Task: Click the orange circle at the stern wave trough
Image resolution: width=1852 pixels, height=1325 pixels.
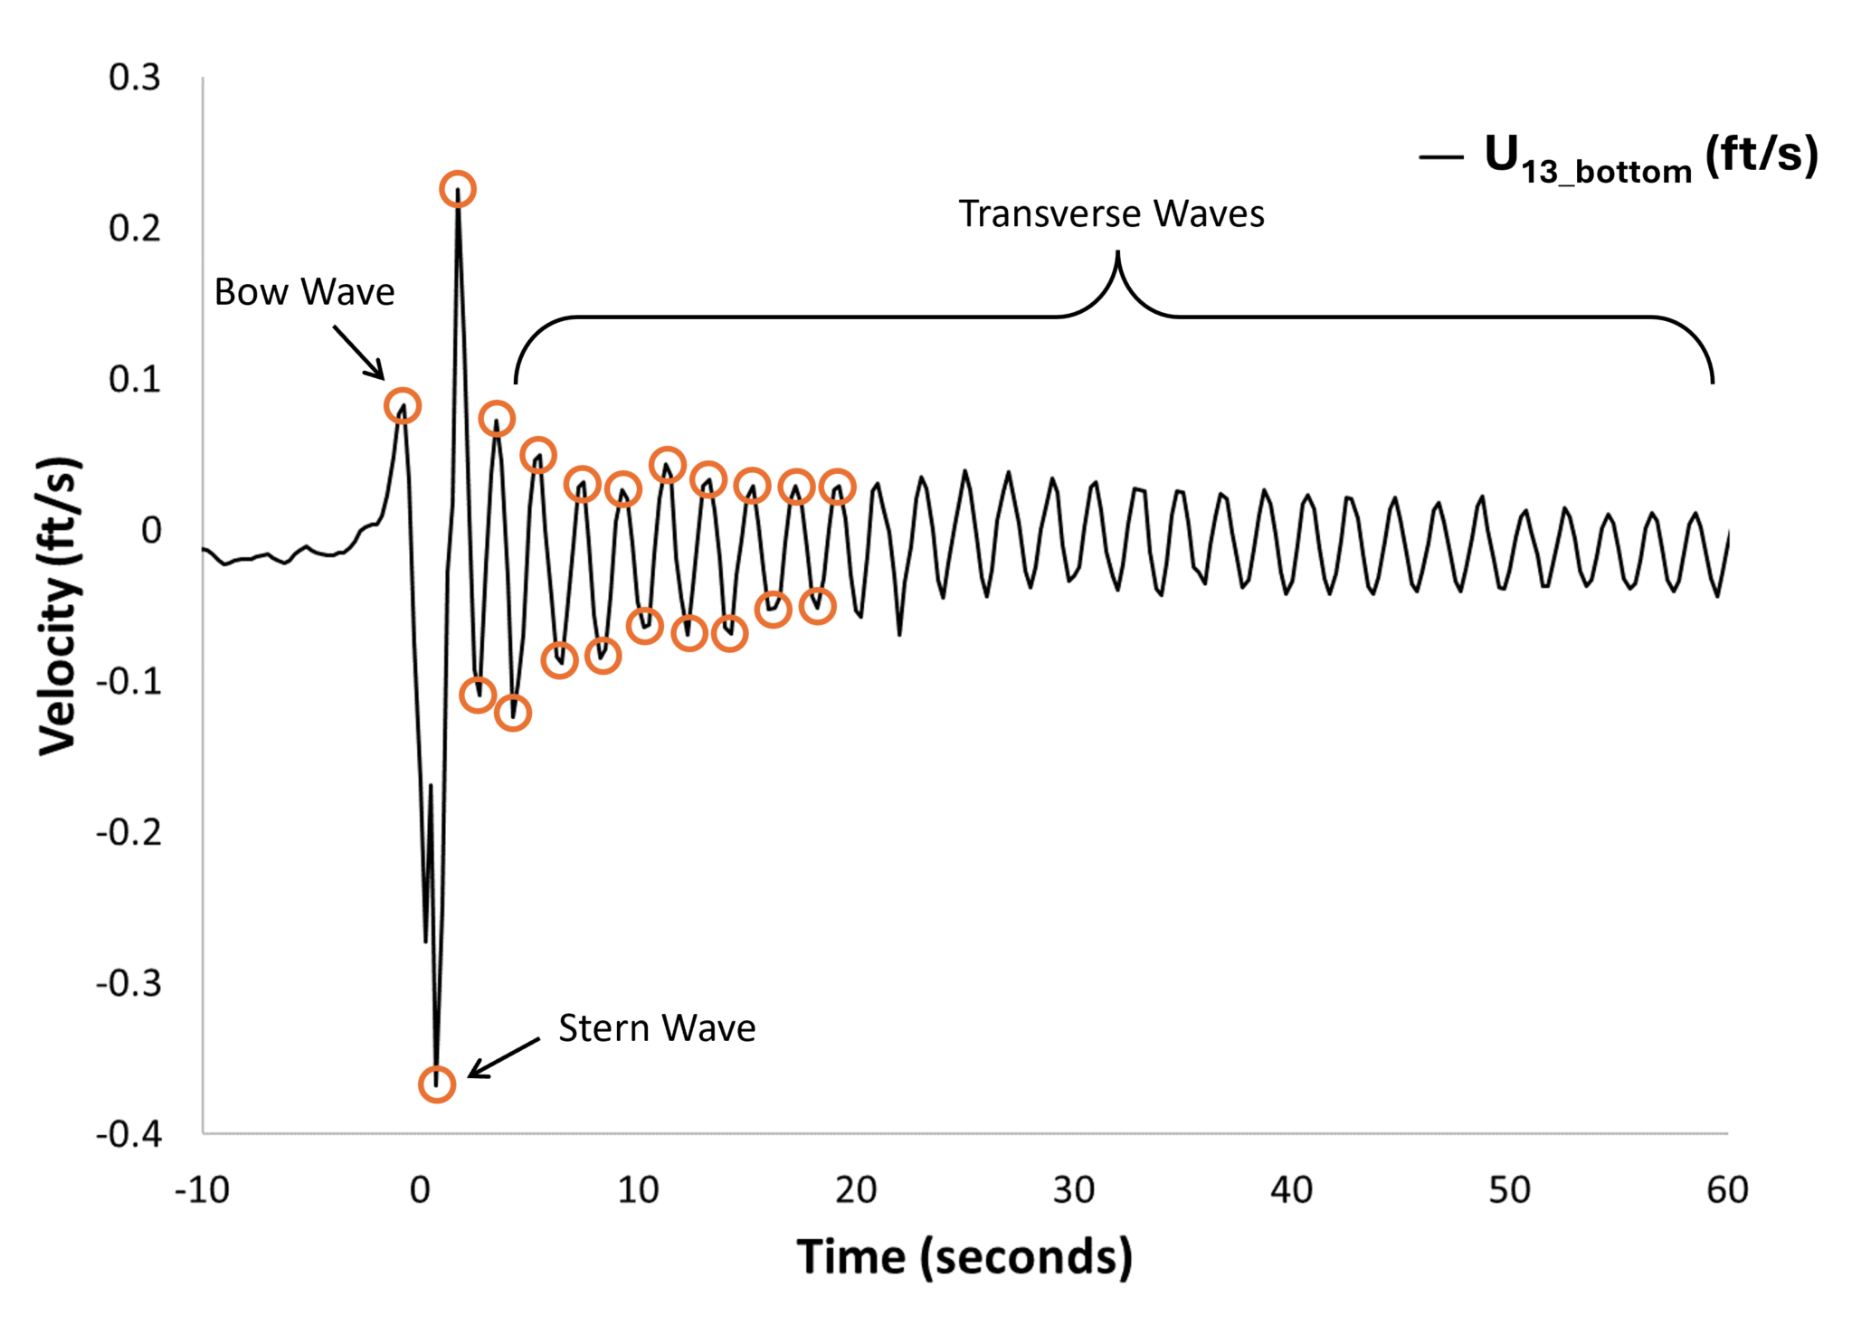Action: (x=437, y=1084)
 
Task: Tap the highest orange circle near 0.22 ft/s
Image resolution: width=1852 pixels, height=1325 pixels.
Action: (x=458, y=189)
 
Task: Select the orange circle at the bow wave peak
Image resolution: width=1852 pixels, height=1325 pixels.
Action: (x=402, y=406)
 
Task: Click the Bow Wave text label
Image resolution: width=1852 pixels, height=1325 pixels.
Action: (x=304, y=292)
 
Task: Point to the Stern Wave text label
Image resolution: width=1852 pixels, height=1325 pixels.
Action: (x=657, y=1028)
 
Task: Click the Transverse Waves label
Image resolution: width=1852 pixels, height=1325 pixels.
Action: (x=1111, y=214)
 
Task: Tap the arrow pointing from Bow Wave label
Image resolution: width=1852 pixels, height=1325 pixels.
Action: (x=358, y=353)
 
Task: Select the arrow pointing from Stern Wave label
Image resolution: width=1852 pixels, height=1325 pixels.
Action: (x=503, y=1058)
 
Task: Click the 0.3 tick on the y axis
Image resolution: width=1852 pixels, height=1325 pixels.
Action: (x=135, y=78)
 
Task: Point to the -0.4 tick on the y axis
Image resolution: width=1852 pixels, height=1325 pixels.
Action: (x=128, y=1134)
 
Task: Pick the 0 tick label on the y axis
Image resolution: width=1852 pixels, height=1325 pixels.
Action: (x=151, y=530)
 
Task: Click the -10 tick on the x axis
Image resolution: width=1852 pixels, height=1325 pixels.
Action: (x=202, y=1190)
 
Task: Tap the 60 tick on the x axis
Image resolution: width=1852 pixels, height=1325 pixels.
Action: (x=1727, y=1190)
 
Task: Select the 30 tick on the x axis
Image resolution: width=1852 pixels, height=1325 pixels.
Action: (x=1074, y=1190)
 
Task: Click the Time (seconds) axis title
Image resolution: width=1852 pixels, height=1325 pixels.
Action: (x=964, y=1257)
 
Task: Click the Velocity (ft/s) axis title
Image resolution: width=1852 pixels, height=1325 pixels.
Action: (x=60, y=606)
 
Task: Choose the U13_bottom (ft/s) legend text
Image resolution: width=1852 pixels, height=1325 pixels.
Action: (x=1650, y=156)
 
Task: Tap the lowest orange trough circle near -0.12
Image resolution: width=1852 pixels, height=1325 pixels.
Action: (x=513, y=713)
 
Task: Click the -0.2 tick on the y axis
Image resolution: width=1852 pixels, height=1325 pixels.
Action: (x=128, y=832)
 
